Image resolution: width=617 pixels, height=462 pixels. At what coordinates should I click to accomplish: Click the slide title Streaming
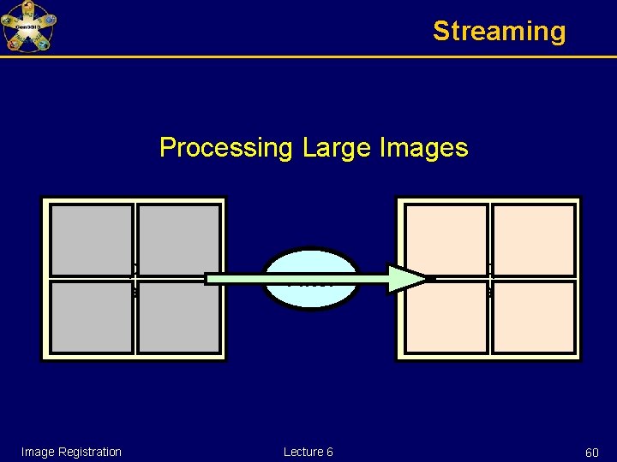[x=499, y=32]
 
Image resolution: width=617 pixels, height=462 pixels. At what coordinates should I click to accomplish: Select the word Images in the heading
[x=426, y=148]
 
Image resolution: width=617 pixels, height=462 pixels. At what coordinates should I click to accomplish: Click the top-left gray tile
[x=92, y=240]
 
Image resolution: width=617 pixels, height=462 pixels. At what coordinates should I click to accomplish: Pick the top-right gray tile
[x=178, y=240]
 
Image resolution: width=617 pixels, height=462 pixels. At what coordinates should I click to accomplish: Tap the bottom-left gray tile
[x=92, y=317]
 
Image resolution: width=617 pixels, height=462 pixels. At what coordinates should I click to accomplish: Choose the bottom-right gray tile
[x=178, y=318]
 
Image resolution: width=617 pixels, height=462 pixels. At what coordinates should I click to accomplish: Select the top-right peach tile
[x=533, y=240]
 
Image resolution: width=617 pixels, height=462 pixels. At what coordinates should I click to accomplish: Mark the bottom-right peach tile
[x=533, y=317]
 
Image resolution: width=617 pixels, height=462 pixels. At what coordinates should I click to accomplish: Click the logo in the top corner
[x=28, y=27]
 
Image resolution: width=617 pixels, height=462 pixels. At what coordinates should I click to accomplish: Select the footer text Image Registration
[x=71, y=452]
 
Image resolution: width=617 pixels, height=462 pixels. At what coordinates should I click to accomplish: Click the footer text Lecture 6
[x=308, y=452]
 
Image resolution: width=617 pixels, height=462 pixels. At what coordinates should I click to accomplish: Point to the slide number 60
[x=591, y=452]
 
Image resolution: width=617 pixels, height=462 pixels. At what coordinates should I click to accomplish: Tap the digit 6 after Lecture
[x=330, y=452]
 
